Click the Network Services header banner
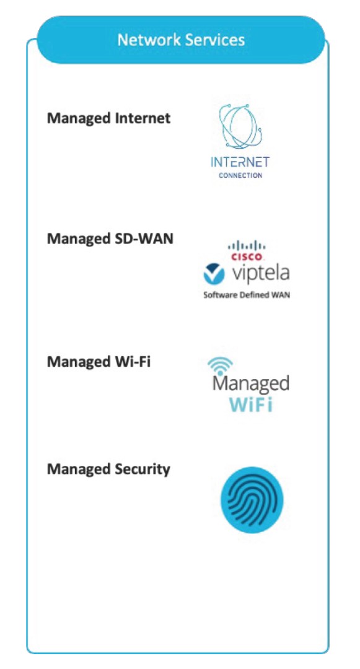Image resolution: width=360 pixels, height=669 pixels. coord(181,40)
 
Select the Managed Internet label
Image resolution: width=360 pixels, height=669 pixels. coord(109,118)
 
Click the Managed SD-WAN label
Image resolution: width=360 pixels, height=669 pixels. coord(110,238)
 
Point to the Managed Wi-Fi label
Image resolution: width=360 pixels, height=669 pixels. coord(99,362)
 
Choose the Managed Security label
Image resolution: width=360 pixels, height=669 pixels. coord(108,470)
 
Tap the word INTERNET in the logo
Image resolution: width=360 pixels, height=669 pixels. coord(240,162)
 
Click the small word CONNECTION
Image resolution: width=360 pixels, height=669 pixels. coord(240,175)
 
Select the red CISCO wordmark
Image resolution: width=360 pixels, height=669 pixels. coord(247,257)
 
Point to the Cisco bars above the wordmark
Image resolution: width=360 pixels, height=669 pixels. coord(247,246)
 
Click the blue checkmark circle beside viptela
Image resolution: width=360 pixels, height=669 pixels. coord(214,274)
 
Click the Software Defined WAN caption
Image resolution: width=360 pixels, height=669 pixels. coord(247,295)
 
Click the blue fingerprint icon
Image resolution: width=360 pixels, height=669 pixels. coord(252,500)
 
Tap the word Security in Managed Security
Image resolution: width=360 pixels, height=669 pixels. coord(143,470)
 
